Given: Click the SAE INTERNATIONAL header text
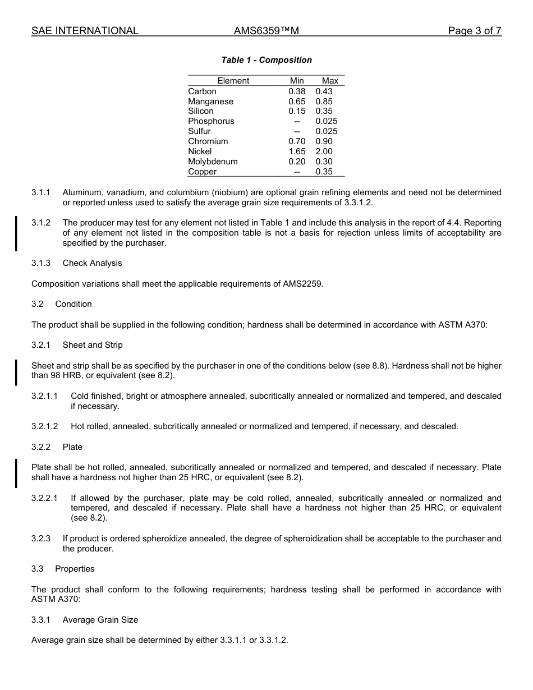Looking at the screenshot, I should tap(85, 31).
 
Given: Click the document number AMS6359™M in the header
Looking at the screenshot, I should tap(266, 31).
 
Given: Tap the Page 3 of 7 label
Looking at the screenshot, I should tap(474, 31).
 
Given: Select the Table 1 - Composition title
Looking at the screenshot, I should tap(266, 60).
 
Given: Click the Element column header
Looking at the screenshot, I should tap(233, 81).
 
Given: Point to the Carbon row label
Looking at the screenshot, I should tap(202, 91).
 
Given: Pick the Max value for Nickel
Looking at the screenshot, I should tap(324, 151).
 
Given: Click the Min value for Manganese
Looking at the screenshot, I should tap(297, 102).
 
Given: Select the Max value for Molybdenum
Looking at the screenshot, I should tap(324, 162).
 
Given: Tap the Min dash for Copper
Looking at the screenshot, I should tap(297, 172).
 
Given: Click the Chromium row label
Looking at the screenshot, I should tap(208, 141).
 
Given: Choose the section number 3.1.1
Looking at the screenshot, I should tap(41, 192).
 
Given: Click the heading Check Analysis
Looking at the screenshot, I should tap(92, 263).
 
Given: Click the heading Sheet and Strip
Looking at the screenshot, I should tap(92, 345).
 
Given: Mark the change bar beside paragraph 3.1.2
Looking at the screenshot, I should tap(16, 233).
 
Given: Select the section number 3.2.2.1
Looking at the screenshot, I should tap(44, 498).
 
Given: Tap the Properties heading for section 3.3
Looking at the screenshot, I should tap(75, 569).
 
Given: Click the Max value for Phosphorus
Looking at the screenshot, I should tap(327, 121).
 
